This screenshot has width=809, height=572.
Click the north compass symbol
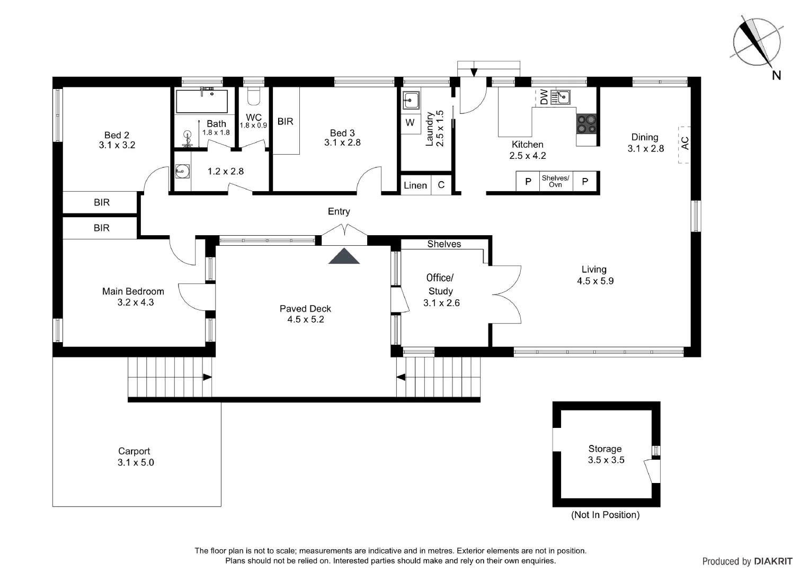coord(757,42)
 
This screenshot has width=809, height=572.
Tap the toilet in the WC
coord(254,97)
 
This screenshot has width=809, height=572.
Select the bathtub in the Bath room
coord(202,101)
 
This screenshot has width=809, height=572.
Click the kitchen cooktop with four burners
coord(586,124)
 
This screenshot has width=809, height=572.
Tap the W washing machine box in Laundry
coord(410,123)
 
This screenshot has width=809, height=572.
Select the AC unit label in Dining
coord(684,144)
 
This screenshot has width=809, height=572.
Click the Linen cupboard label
coord(415,185)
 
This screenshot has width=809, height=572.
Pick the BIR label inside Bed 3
coord(285,121)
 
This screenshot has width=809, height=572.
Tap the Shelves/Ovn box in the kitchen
coord(555,181)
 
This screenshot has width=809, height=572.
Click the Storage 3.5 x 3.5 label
coord(606,454)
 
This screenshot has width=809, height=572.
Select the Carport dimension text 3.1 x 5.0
coord(136,462)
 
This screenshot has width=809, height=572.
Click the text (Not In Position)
coord(605,515)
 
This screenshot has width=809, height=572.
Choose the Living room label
coord(594,270)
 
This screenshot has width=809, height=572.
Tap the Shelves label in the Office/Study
coord(444,244)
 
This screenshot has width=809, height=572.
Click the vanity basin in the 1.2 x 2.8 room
coord(182,171)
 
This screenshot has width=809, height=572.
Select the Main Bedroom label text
coord(133,291)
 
